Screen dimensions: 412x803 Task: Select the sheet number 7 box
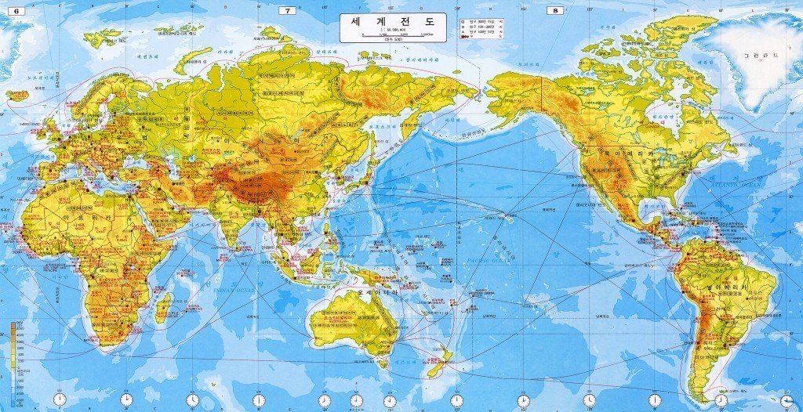288,11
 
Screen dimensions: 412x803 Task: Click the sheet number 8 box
556,11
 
